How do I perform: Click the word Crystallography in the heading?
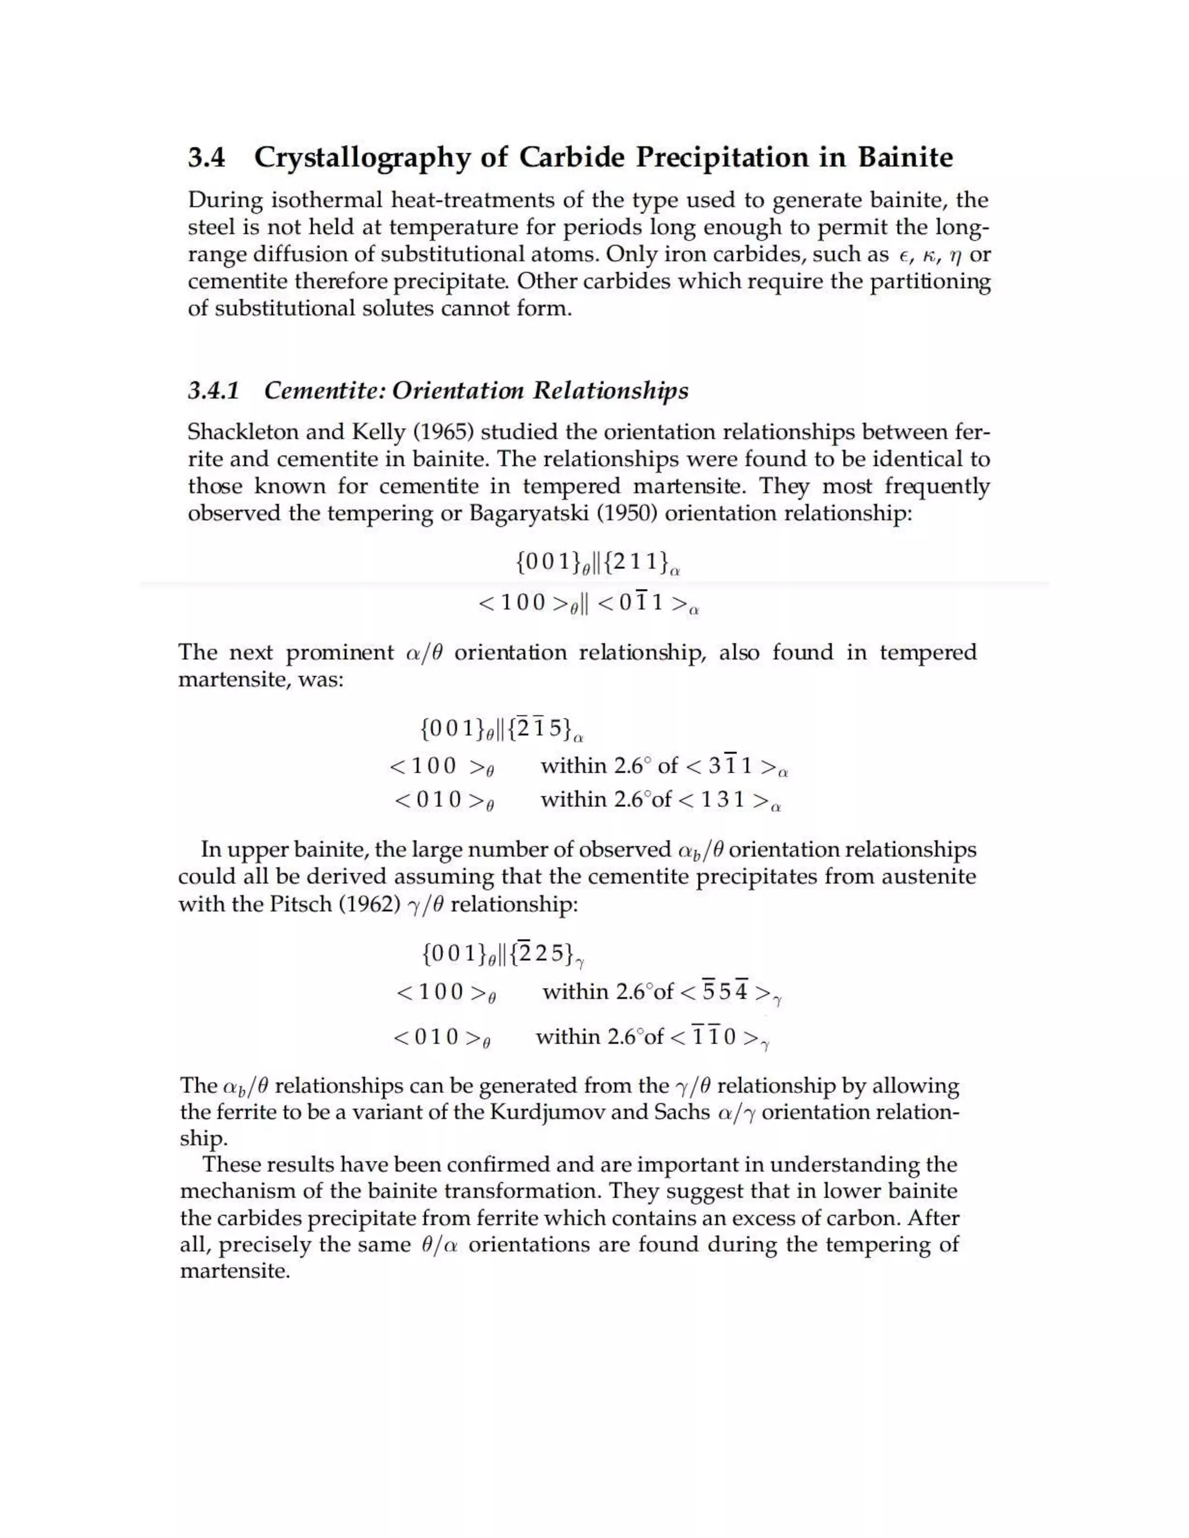tap(361, 158)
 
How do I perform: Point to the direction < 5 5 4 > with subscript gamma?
tap(730, 993)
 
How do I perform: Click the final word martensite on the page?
tap(234, 1272)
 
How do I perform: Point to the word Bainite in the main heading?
tap(905, 157)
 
